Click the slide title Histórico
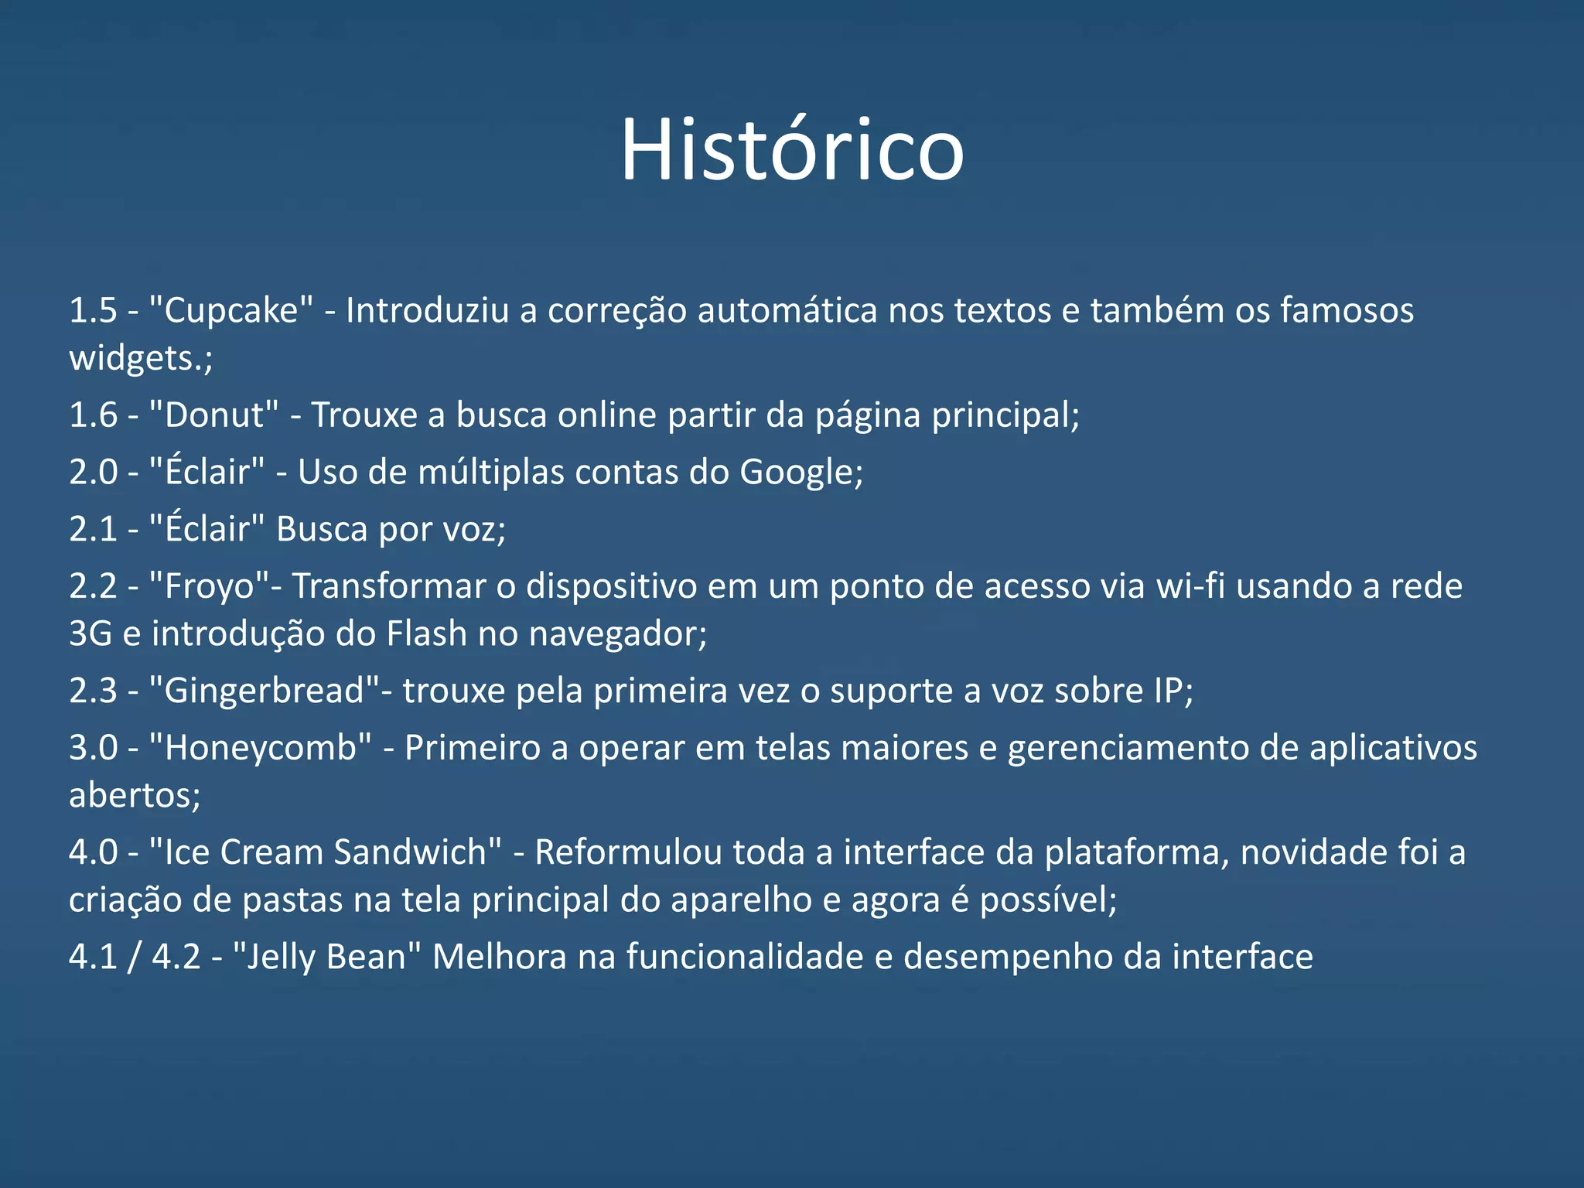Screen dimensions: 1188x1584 tap(792, 149)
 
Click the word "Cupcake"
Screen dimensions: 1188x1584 tap(231, 311)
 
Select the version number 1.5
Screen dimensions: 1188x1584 tap(93, 311)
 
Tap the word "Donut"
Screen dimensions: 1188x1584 tap(213, 415)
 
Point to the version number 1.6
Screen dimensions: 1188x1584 tap(93, 415)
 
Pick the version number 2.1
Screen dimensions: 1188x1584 tap(93, 530)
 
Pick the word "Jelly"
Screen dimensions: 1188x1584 tap(275, 958)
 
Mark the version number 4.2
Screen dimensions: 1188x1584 tap(176, 958)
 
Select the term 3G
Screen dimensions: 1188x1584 tap(90, 634)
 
